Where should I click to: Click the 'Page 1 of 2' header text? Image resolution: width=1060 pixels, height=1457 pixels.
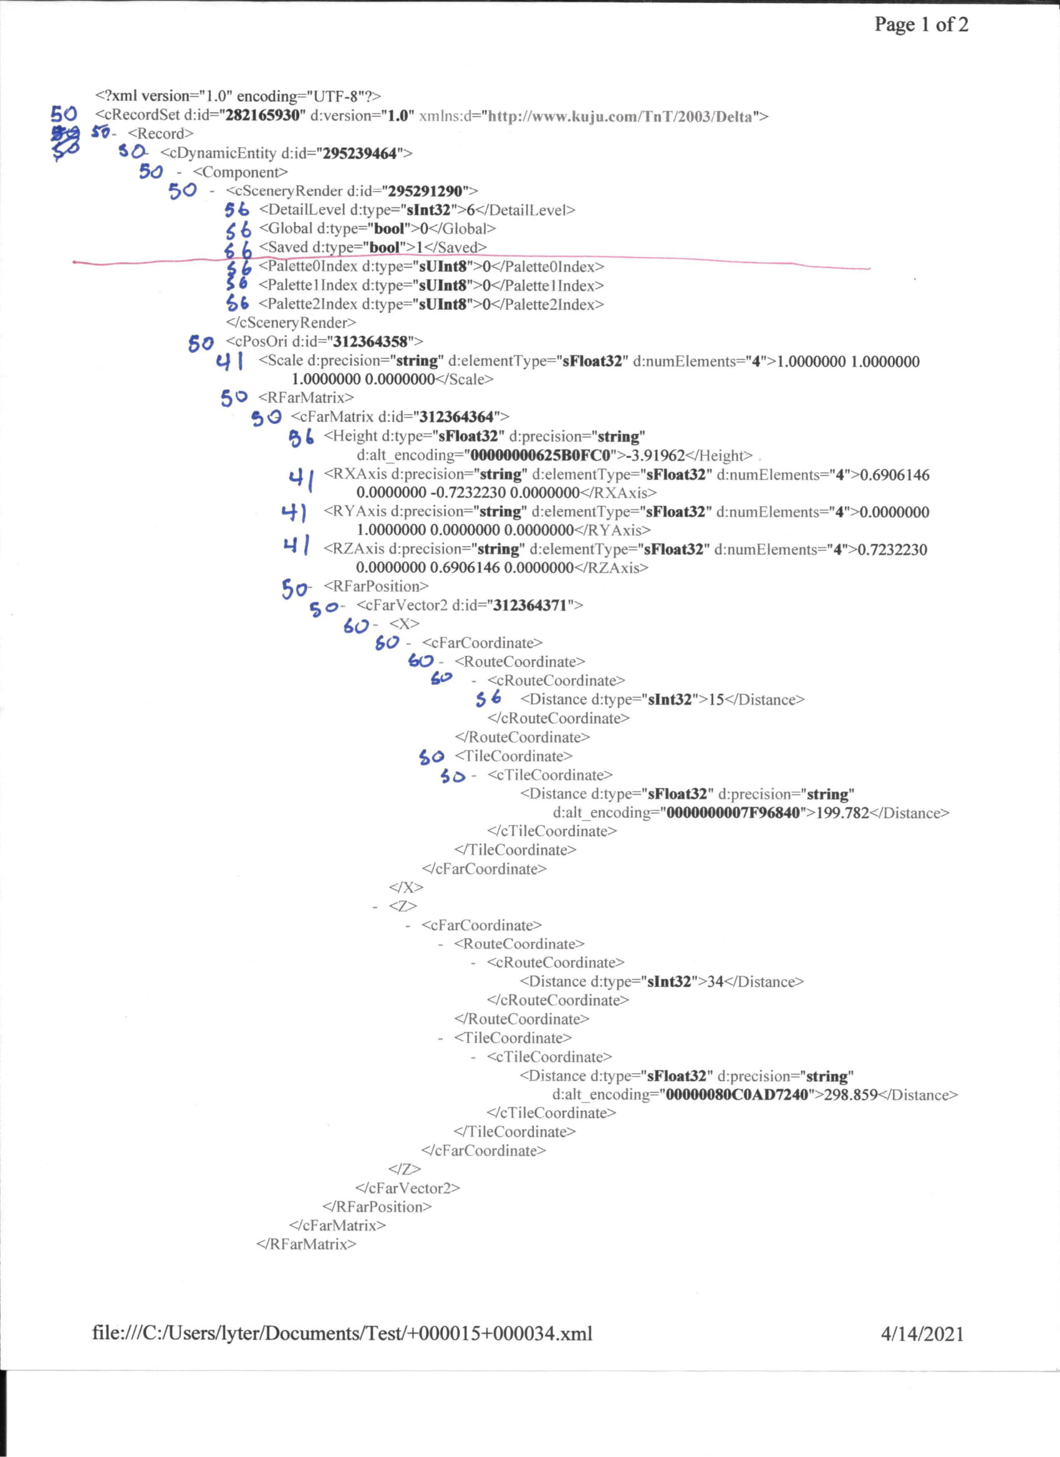tap(920, 24)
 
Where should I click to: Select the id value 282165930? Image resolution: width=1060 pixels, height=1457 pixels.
tap(263, 115)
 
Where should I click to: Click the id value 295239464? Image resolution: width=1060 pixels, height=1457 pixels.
tap(360, 153)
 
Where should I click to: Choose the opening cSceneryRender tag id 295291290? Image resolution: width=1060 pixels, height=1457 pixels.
tap(425, 191)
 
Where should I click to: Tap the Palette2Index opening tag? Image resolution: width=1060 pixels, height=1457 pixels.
tap(308, 304)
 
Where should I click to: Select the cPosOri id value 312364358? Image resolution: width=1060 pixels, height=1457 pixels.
tap(370, 341)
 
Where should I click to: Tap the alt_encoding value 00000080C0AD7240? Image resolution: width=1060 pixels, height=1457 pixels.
tap(736, 1095)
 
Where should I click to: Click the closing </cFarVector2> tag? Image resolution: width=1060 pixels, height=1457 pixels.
tap(407, 1188)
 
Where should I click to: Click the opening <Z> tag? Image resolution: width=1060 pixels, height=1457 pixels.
tap(403, 906)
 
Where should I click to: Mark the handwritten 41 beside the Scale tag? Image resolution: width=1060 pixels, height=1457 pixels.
tap(229, 362)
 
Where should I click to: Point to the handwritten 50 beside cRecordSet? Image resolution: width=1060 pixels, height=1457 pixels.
tap(64, 114)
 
